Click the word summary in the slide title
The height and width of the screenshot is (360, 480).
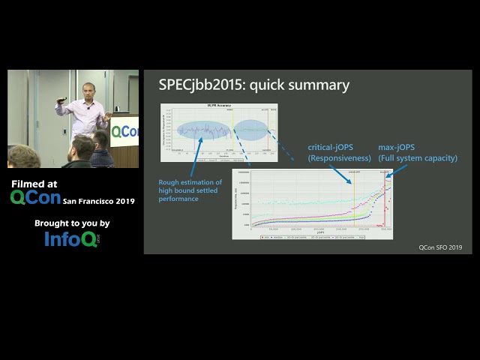(x=321, y=85)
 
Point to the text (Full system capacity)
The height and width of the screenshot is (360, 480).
(x=418, y=158)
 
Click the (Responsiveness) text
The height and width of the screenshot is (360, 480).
(x=340, y=158)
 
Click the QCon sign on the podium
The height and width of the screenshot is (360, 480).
(x=125, y=132)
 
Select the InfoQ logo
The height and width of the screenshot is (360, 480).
(x=71, y=238)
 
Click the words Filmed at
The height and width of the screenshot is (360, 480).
(x=34, y=184)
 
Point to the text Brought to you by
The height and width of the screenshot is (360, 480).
(x=72, y=223)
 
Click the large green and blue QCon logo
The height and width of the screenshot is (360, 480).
(x=35, y=198)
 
